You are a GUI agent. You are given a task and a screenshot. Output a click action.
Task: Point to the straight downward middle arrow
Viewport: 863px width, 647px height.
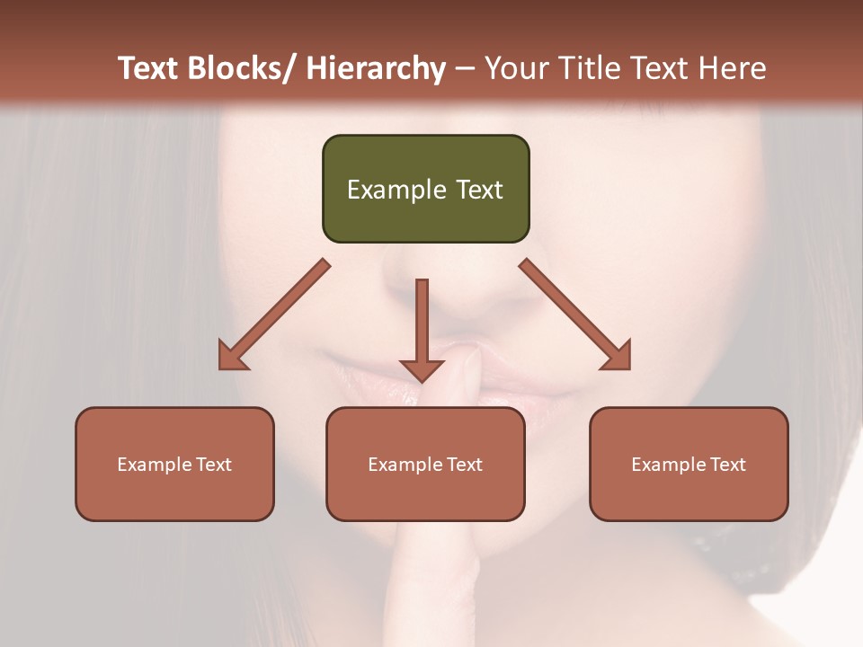coord(422,328)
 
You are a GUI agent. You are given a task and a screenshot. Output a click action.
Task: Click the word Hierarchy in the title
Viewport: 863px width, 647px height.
coord(376,68)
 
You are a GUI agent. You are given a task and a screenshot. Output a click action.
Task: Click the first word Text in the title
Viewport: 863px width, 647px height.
coord(149,68)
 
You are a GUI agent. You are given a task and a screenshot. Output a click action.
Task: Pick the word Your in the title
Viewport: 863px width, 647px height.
coord(516,68)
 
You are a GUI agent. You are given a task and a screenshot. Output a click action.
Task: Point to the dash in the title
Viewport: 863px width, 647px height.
coord(465,69)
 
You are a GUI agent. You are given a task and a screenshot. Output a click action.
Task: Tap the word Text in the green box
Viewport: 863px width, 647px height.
coord(479,191)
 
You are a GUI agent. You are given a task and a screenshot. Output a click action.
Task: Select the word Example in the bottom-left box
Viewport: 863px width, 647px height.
coord(154,465)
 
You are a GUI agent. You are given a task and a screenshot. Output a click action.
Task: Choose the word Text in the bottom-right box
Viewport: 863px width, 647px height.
coord(727,465)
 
